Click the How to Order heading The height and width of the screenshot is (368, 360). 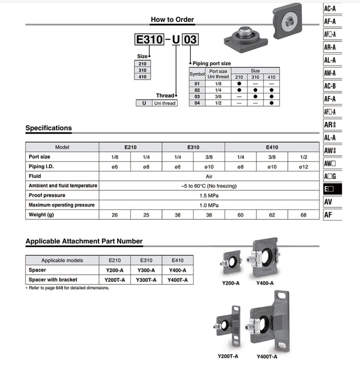click(x=172, y=20)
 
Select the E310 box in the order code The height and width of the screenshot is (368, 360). click(x=149, y=39)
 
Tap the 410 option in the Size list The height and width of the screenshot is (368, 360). click(x=143, y=77)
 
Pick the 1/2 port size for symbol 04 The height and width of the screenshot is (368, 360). click(x=218, y=103)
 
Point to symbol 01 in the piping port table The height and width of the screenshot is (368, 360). click(x=197, y=84)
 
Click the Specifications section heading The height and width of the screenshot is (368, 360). click(x=49, y=128)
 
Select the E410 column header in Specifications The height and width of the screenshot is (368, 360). click(x=272, y=147)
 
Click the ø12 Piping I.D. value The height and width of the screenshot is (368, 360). click(x=303, y=167)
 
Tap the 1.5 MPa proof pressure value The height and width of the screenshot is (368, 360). click(x=209, y=195)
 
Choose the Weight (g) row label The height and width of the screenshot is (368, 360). click(x=41, y=215)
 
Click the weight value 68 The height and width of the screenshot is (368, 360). click(x=303, y=215)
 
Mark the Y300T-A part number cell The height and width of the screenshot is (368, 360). click(x=146, y=280)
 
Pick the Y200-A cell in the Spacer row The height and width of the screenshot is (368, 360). click(x=115, y=270)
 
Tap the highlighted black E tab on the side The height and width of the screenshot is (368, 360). click(x=332, y=189)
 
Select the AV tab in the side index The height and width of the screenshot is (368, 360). click(x=329, y=202)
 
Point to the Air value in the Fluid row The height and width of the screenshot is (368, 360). click(x=209, y=176)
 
